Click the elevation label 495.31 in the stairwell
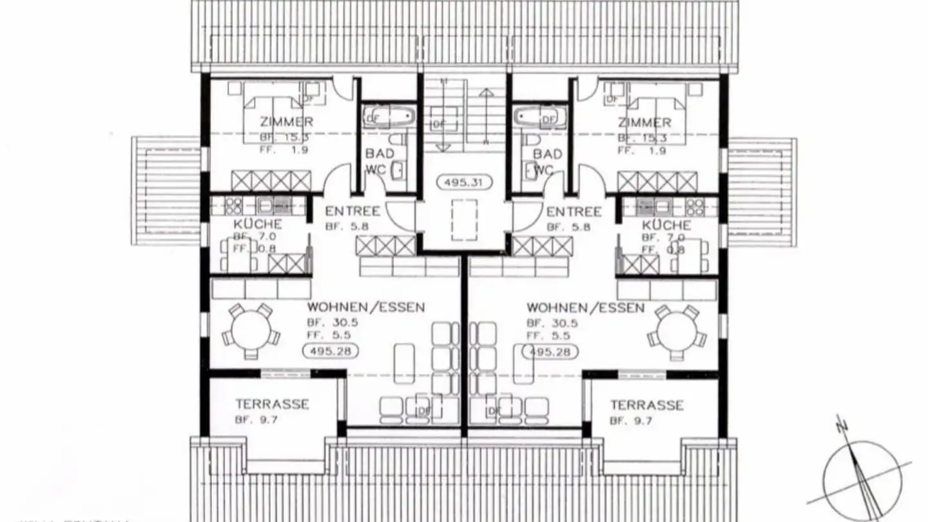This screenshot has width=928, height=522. [x=464, y=182]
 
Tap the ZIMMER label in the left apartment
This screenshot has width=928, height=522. [x=287, y=122]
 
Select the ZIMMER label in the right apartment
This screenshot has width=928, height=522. [x=644, y=122]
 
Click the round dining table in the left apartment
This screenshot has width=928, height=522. [x=251, y=331]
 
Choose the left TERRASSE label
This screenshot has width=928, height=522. [x=272, y=405]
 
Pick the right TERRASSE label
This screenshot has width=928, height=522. [x=647, y=405]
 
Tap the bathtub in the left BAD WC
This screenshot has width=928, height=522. [x=389, y=117]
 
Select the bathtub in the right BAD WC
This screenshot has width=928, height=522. [x=539, y=118]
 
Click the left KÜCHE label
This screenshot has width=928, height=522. [x=257, y=224]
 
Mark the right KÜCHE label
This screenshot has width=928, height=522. [x=666, y=225]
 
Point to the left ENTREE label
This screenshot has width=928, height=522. [x=353, y=211]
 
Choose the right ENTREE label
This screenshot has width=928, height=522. [x=574, y=211]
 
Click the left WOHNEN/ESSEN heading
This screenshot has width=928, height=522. [x=366, y=307]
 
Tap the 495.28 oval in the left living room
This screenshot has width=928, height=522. [x=330, y=351]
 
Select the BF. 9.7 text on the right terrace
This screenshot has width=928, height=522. [x=631, y=421]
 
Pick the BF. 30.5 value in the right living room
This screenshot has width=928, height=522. [x=552, y=323]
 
